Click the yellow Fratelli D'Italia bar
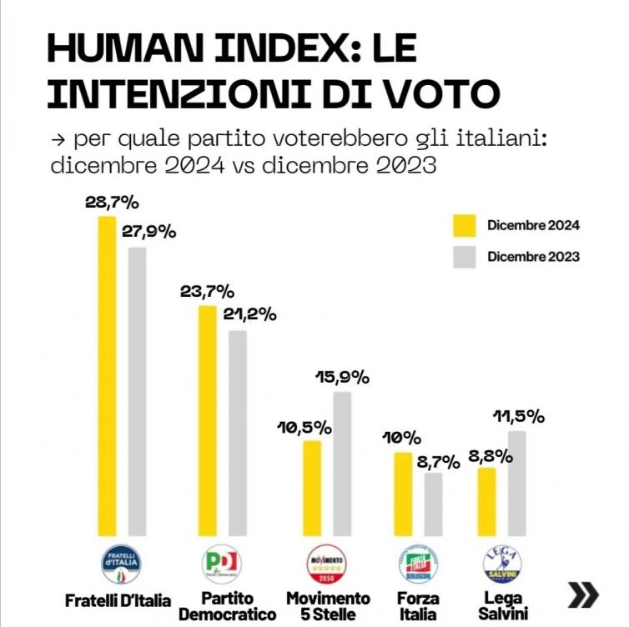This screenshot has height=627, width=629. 108,375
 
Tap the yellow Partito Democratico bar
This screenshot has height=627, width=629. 207,420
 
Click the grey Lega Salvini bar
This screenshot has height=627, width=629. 516,483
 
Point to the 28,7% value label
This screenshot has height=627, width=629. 112,203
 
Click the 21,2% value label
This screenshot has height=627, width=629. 249,315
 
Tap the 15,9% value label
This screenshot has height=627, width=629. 341,377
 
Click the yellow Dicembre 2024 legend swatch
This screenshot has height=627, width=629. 464,225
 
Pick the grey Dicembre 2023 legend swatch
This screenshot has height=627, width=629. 464,256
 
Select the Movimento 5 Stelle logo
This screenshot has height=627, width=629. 326,565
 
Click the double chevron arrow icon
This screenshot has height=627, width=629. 583,594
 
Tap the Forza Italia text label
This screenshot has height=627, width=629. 417,606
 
